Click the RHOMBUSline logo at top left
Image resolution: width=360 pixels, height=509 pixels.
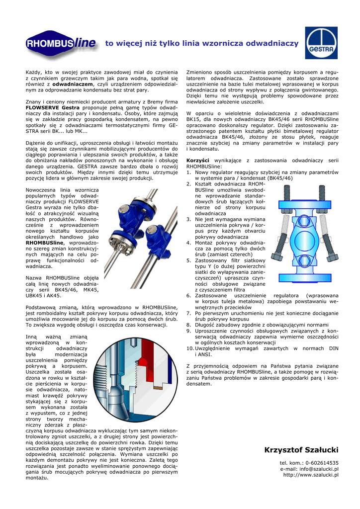pos(62,44)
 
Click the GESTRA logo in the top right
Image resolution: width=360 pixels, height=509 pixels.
pos(321,43)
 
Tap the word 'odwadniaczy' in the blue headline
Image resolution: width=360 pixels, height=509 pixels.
pos(273,44)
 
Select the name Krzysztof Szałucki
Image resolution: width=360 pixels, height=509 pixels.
pos(301,450)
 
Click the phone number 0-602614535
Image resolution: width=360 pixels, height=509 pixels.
pos(320,463)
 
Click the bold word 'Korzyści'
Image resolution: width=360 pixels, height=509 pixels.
pos(197,160)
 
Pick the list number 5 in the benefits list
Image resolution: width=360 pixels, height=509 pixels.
pos(189,259)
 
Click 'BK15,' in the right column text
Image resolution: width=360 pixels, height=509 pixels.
pos(194,120)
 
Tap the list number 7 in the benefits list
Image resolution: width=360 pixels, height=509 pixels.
pos(189,313)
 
